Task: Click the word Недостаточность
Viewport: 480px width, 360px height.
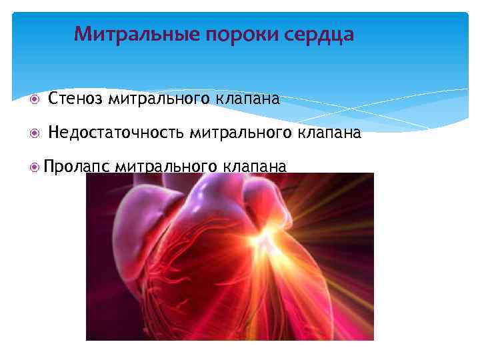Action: (117, 133)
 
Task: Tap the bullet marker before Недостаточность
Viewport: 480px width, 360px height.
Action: (35, 133)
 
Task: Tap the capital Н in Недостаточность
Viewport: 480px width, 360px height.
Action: (54, 133)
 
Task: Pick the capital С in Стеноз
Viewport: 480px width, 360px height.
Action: (53, 100)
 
